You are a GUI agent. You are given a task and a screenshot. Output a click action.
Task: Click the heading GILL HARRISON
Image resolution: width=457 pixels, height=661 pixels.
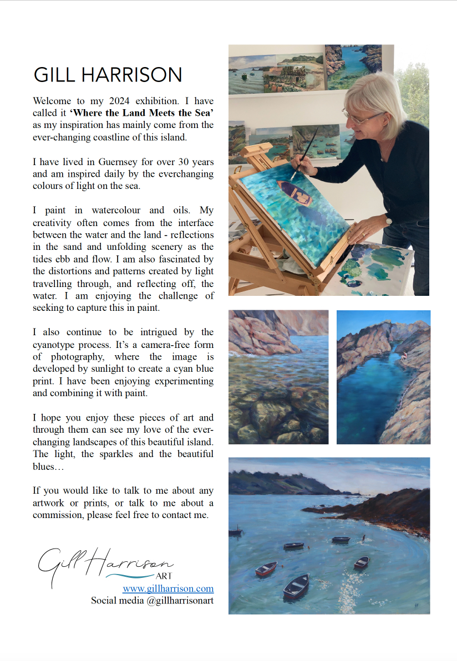click(x=108, y=75)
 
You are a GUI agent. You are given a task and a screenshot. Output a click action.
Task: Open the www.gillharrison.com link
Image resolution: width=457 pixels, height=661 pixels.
click(x=168, y=588)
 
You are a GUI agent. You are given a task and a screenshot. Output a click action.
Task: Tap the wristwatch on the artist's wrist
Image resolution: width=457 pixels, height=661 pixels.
click(x=389, y=221)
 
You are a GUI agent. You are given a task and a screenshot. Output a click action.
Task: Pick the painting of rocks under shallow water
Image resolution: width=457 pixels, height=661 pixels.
click(x=278, y=377)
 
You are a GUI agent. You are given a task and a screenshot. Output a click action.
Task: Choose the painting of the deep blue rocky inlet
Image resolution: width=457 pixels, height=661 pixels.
click(x=383, y=377)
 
